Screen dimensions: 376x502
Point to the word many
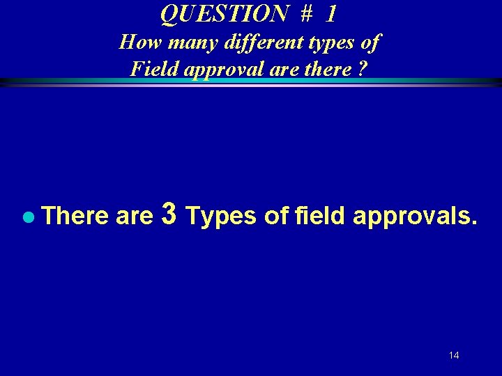click(x=183, y=43)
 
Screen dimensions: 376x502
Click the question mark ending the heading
click(x=363, y=69)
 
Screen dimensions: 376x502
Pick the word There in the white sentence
click(x=75, y=217)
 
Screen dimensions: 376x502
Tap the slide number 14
click(x=454, y=356)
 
